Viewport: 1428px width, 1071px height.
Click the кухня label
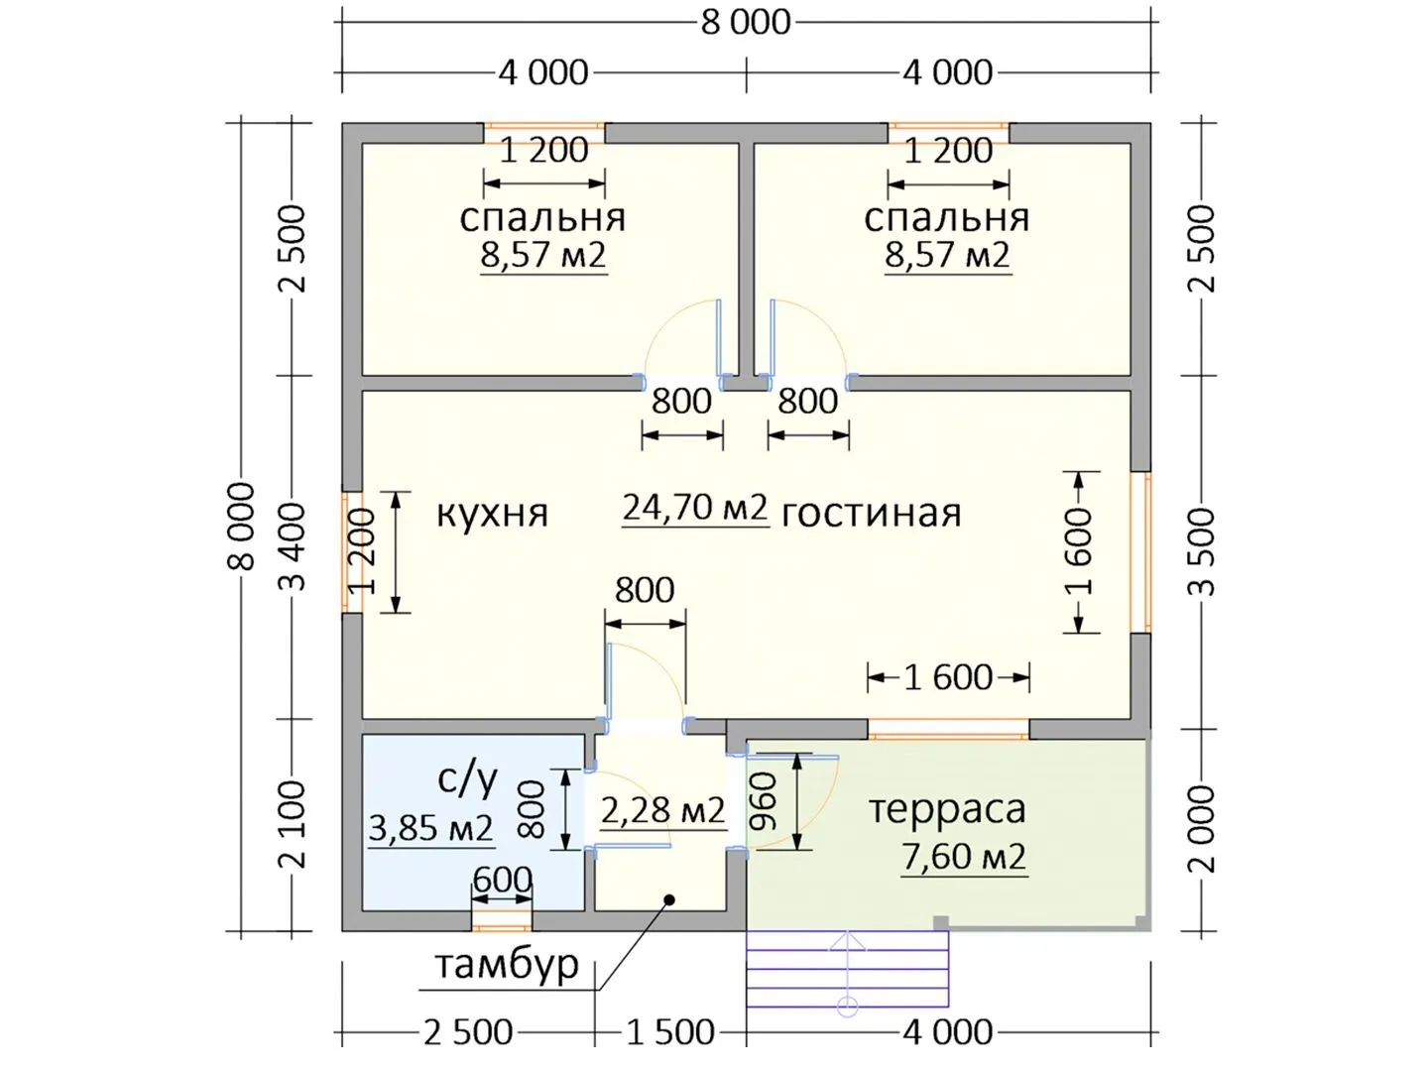(x=492, y=515)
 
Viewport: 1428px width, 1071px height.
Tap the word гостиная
(x=871, y=515)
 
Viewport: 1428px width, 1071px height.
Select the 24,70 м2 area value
(x=695, y=508)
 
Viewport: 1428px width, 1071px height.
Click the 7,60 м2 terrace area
(x=964, y=857)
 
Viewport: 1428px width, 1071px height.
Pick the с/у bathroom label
(x=468, y=779)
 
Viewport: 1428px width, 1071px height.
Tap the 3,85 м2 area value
(x=430, y=828)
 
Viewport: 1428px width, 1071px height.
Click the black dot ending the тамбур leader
(x=668, y=899)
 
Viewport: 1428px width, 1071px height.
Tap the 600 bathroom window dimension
(x=502, y=881)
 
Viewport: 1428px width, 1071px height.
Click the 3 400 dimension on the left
(x=294, y=546)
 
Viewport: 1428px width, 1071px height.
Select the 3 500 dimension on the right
(x=1204, y=551)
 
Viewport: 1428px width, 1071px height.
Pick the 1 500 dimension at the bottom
(x=670, y=1032)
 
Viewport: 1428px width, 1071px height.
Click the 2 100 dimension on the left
(x=294, y=825)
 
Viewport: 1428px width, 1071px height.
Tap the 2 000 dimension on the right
(x=1204, y=828)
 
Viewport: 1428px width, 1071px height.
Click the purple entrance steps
(x=847, y=968)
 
